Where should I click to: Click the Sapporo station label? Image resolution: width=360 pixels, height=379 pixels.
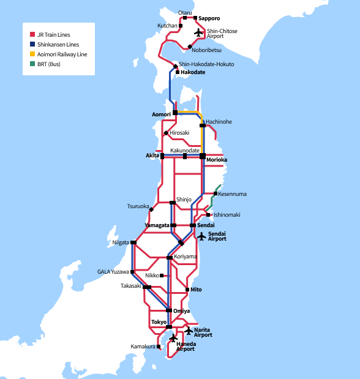(209, 18)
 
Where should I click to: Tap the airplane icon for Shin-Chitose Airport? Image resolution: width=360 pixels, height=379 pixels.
(198, 32)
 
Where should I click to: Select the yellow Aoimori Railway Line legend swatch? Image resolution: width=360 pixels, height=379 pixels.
(32, 54)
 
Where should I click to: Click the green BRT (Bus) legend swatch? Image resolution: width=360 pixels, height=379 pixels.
(32, 64)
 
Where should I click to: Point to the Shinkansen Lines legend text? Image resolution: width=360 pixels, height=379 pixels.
(59, 45)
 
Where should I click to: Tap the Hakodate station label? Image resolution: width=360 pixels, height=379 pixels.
(193, 72)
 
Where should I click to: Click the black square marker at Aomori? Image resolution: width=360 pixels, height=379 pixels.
(175, 113)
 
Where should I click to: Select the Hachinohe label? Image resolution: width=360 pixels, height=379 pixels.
(219, 122)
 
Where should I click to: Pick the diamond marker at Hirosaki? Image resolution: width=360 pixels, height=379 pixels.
(166, 133)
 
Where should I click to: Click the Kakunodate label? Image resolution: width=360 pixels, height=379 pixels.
(185, 150)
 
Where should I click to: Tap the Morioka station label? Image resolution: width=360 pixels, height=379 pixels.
(217, 160)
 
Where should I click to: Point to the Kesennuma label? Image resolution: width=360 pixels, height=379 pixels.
(232, 194)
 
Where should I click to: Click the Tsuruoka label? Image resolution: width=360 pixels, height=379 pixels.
(138, 206)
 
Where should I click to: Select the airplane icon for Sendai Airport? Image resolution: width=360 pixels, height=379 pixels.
(201, 236)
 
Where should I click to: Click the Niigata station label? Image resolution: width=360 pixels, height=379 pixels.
(121, 242)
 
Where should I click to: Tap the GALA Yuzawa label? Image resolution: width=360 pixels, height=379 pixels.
(113, 272)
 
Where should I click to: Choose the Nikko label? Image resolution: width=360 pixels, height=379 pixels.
(152, 276)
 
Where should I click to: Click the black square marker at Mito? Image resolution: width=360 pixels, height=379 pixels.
(187, 289)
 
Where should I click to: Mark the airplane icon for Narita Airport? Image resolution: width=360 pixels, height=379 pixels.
(189, 331)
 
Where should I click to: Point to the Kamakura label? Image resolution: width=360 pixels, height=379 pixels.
(143, 347)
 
